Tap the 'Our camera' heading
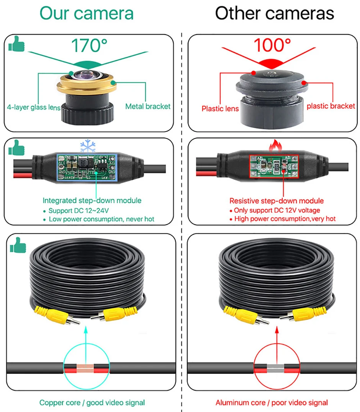pos(87,13)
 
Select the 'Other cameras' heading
pos(274,13)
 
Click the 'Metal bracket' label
pos(148,106)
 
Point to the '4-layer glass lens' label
pos(34,107)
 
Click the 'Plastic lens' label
pos(220,109)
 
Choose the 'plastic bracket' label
pos(331,106)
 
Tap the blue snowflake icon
pos(87,146)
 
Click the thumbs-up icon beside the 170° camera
pos(16,44)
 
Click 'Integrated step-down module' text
pos(92,200)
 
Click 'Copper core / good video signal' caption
pos(92,402)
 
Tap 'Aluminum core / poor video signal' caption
pos(272,402)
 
